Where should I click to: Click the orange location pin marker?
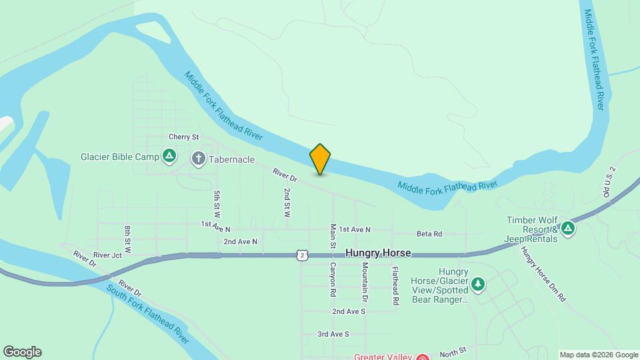coord(320,159)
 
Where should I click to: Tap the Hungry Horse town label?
coord(378,253)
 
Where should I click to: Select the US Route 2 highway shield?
coord(303,255)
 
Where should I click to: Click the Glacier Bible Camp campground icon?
coord(169,157)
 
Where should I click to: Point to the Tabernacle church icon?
coord(199,159)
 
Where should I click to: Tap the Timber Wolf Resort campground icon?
coord(567,229)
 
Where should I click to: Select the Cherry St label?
coord(184,137)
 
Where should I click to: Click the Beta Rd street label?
coord(429,234)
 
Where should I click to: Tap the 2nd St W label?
coord(287,203)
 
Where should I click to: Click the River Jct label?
coord(107,255)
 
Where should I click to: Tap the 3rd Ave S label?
coord(333,334)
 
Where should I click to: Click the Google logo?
coord(22,352)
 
